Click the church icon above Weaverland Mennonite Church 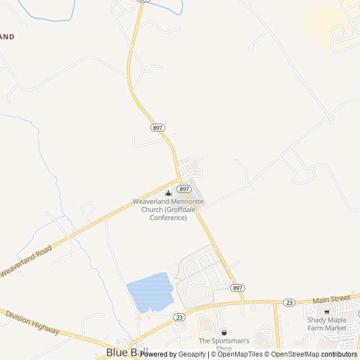pos(168,193)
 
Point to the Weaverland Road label pos(26,261)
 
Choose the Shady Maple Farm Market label pos(327,324)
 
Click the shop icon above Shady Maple pos(327,312)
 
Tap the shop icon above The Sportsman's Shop pos(224,332)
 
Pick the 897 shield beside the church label pos(184,189)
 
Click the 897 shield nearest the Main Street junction pos(237,287)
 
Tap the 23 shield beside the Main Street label pos(289,302)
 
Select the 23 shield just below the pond pos(179,317)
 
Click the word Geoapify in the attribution pos(192,354)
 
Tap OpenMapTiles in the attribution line pos(240,354)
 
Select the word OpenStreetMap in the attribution pos(296,354)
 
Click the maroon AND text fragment pos(7,37)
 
